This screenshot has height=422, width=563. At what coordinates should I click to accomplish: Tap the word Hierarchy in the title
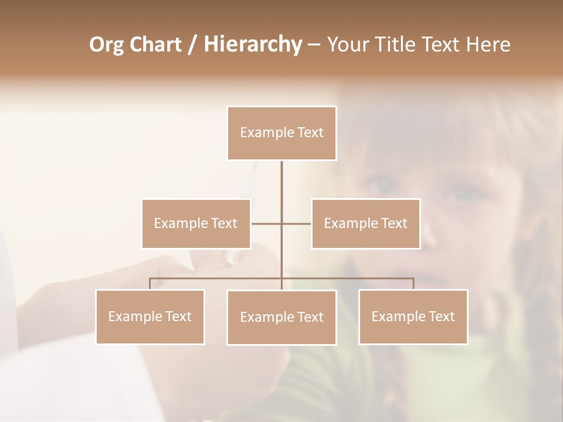[x=252, y=45]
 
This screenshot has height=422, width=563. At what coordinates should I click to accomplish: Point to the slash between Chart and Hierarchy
[x=192, y=45]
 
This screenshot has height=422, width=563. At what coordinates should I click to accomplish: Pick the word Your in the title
[x=346, y=45]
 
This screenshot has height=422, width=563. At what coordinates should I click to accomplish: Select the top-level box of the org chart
[x=281, y=133]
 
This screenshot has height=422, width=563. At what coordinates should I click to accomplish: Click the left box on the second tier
[x=196, y=223]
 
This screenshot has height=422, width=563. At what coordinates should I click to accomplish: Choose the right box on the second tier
[x=365, y=223]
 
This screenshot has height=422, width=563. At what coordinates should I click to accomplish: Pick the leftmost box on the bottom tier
[x=150, y=316]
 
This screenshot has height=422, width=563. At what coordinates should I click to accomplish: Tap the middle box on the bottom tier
[x=281, y=317]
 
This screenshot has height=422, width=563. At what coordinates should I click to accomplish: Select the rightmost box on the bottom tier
[x=413, y=316]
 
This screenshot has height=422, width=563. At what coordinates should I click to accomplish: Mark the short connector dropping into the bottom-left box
[x=150, y=284]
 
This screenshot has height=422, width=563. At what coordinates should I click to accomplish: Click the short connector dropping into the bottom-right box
[x=413, y=284]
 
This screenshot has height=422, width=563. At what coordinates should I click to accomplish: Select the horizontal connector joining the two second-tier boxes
[x=281, y=223]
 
